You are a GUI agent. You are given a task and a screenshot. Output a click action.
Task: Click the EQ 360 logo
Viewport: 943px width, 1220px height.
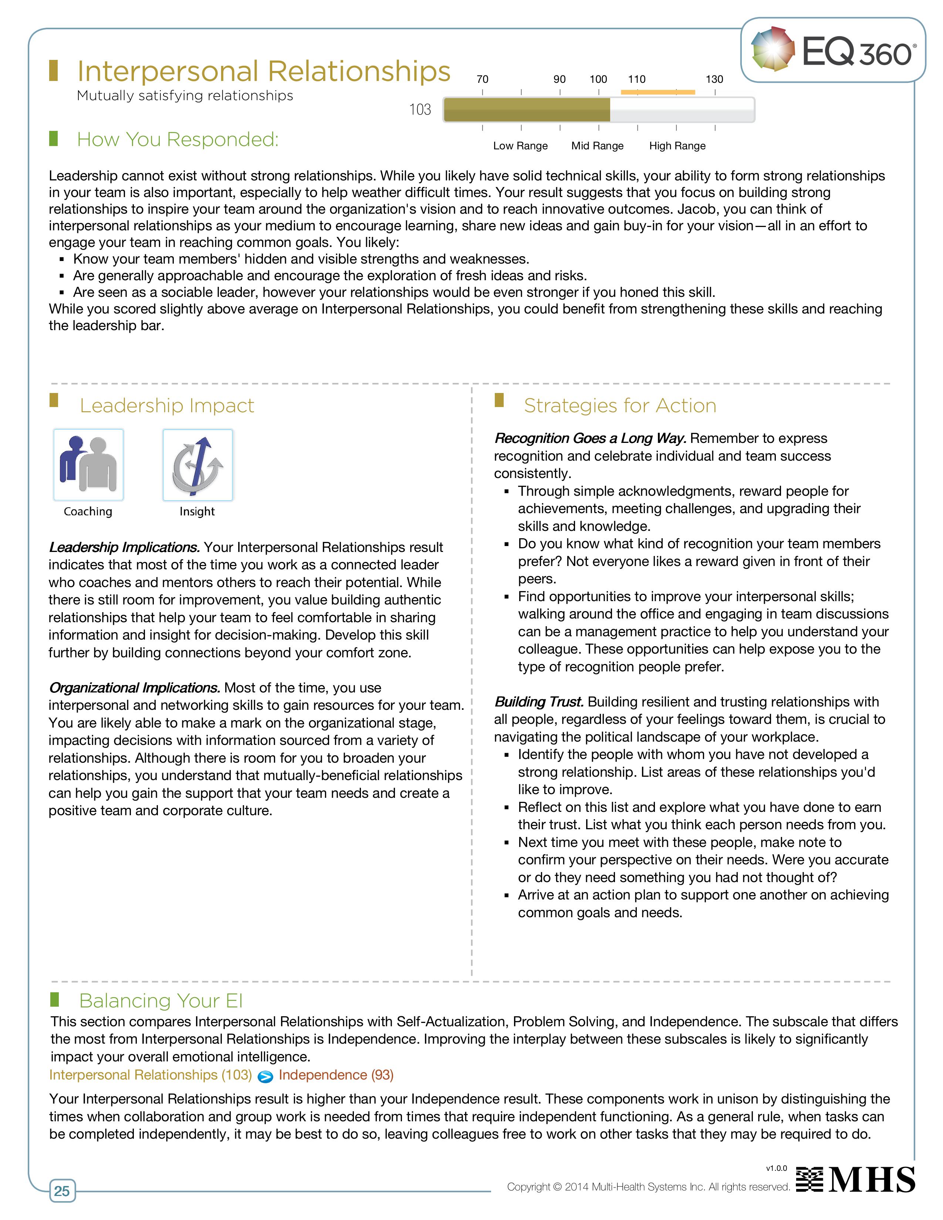[x=832, y=50]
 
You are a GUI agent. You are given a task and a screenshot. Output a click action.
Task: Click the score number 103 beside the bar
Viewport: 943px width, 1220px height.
[x=420, y=109]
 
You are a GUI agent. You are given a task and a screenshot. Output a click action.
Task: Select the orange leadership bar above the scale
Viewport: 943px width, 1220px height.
[x=658, y=92]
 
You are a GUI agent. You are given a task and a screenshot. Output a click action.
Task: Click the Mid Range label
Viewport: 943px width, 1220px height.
[x=597, y=146]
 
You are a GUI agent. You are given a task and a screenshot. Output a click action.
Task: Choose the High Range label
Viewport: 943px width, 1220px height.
[x=677, y=146]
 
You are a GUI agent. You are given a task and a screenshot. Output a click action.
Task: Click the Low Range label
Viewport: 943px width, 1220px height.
[x=520, y=146]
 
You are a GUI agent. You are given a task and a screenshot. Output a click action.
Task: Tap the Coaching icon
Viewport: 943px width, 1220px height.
[x=88, y=465]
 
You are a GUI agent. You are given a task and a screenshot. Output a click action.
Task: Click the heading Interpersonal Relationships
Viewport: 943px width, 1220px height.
[x=264, y=71]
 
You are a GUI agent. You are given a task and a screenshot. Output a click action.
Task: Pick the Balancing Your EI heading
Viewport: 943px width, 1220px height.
[x=161, y=1000]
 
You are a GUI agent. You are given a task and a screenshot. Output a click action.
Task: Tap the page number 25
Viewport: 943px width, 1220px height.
[x=62, y=1191]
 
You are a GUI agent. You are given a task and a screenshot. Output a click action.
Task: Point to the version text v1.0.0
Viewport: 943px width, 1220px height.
[x=776, y=1168]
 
